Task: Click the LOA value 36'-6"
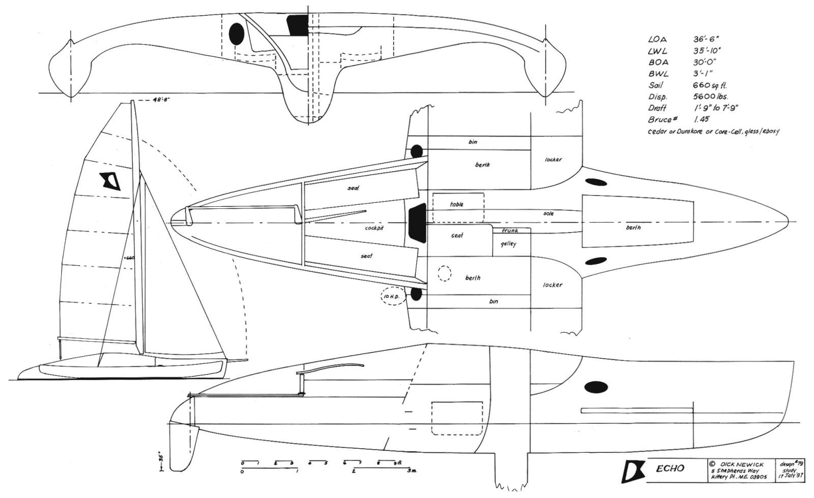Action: pos(706,39)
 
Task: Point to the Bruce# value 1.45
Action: pos(702,119)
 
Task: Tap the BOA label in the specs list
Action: pos(658,63)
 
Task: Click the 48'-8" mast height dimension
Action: pos(161,100)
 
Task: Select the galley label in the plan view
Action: pos(508,244)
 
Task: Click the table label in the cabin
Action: pos(457,204)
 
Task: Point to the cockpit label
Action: pos(374,228)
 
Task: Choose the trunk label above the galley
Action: pos(510,231)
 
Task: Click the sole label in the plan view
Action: pos(548,214)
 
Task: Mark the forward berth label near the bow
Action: pos(633,228)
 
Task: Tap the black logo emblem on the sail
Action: pos(110,181)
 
